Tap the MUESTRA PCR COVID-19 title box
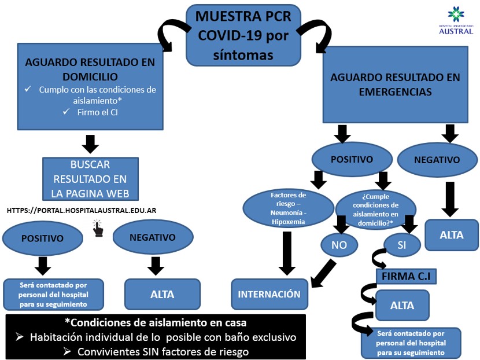pos(242,35)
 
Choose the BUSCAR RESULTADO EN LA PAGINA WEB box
pos(90,179)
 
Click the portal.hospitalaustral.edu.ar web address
pos(82,211)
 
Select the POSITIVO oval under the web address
pos(42,238)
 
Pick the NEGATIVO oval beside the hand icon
pos(152,237)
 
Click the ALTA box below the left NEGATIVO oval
pos(162,294)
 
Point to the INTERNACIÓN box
pos(269,294)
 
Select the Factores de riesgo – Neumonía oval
pos(288,208)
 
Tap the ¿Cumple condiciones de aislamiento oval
pos(375,208)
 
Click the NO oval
pos(339,245)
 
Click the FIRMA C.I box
pos(406,277)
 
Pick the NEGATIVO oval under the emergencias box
pos(438,160)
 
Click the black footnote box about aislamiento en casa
pos(156,336)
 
